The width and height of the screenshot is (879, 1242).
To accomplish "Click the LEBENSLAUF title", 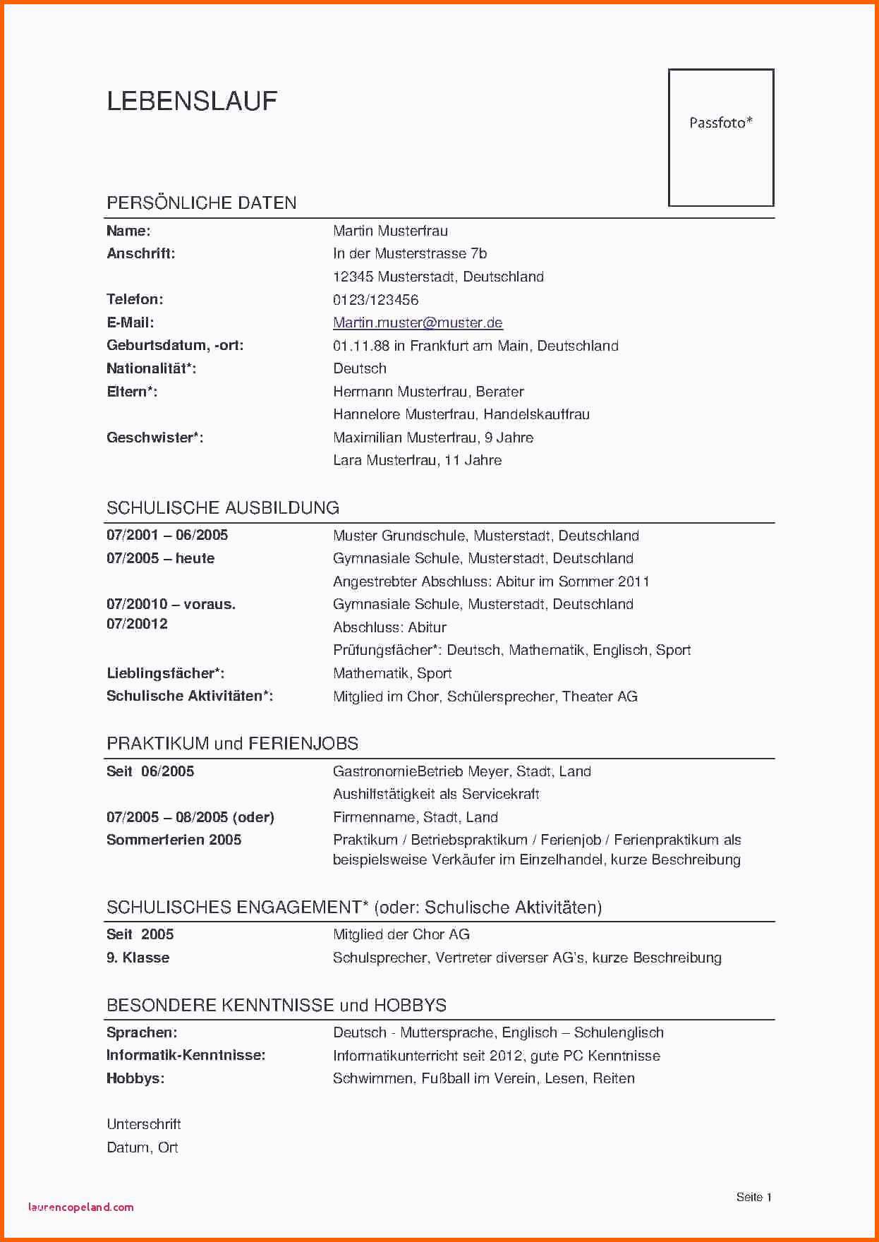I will coord(192,102).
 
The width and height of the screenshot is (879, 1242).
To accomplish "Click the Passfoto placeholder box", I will coord(720,138).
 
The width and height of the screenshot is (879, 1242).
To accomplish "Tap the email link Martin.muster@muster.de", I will coord(418,322).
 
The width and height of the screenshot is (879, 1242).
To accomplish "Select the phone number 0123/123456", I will coord(375,300).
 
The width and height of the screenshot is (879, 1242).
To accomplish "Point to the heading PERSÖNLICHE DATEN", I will coord(201,203).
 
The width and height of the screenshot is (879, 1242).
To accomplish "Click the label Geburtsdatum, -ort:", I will coord(174,346).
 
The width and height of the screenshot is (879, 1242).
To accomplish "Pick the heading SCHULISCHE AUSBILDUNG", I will coord(222,508).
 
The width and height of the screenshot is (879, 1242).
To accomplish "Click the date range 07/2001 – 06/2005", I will coord(167,535).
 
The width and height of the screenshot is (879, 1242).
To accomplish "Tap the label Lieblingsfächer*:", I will coord(165,673).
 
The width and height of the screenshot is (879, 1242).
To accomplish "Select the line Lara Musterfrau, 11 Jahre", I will coord(417,460).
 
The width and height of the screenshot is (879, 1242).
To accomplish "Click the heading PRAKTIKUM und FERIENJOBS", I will coord(232,744).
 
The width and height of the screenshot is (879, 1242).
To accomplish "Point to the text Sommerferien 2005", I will coord(174,840).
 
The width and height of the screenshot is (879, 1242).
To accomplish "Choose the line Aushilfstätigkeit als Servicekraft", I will coord(436,794).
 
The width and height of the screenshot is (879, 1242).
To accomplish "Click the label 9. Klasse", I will coord(138,958).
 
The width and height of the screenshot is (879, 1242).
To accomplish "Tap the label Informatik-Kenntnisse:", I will coord(186,1055).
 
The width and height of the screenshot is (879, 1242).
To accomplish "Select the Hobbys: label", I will coord(135,1078).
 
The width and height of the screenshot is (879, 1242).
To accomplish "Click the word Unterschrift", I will coord(143,1124).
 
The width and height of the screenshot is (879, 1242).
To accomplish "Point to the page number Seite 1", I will coord(753,1197).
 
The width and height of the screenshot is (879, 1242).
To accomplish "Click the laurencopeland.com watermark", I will coord(80,1207).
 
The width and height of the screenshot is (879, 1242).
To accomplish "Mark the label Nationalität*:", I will coord(151,368).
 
